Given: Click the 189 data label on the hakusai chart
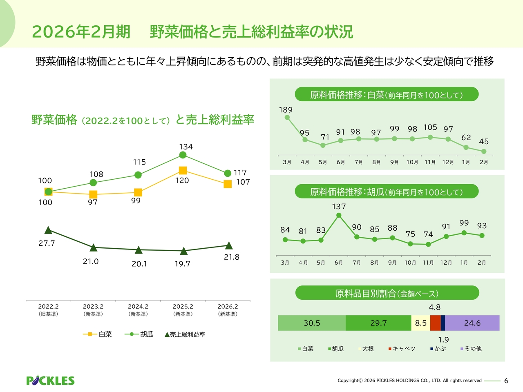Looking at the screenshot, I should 286,110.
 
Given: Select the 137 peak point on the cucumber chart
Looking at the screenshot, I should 339,215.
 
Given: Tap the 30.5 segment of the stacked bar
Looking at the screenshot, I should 312,323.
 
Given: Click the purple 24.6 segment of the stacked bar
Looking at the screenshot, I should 472,323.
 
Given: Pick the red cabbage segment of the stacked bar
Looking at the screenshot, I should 435,323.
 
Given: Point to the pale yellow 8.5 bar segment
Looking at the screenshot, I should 420,323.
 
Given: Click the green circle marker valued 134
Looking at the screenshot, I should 183,155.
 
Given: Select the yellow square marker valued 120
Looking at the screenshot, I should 183,170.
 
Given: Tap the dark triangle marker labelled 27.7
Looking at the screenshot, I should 48,230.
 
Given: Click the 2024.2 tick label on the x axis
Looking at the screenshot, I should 138,307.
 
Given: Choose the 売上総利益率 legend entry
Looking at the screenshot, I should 185,334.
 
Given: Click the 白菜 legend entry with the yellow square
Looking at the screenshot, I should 98,334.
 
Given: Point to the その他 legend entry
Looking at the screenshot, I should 471,349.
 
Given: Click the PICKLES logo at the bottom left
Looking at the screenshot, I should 50,381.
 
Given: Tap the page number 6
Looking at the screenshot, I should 506,381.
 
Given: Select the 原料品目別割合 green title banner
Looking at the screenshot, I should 387,293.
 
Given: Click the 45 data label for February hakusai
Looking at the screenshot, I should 484,142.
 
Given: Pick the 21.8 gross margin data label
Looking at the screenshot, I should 231,257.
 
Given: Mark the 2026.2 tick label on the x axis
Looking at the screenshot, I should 228,307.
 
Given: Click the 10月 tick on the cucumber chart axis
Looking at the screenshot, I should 410,263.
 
